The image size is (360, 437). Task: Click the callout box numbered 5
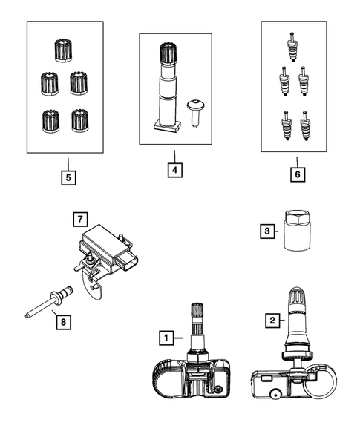click(x=68, y=177)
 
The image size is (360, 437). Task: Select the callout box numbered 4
click(x=175, y=169)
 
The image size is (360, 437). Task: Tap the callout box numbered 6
click(x=298, y=174)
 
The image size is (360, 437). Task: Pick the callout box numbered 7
click(x=80, y=219)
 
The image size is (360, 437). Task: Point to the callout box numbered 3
click(x=267, y=231)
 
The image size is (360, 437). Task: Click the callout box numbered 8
click(x=63, y=322)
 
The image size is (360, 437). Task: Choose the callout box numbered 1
click(x=166, y=338)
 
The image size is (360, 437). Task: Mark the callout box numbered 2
click(x=272, y=321)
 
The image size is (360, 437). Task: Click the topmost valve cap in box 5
click(x=64, y=50)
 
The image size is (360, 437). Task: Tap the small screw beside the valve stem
click(x=195, y=114)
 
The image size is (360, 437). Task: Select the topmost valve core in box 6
click(x=292, y=47)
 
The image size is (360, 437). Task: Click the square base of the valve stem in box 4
click(x=167, y=126)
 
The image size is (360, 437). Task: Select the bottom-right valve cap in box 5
click(x=80, y=120)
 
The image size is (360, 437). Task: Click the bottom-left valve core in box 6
click(x=287, y=125)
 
